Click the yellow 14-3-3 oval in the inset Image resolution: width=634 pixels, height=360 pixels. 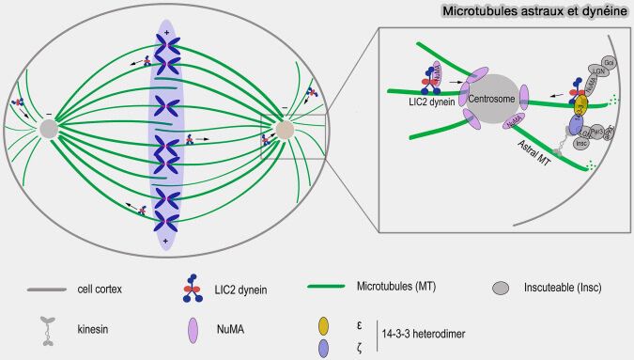click(x=580, y=106)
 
